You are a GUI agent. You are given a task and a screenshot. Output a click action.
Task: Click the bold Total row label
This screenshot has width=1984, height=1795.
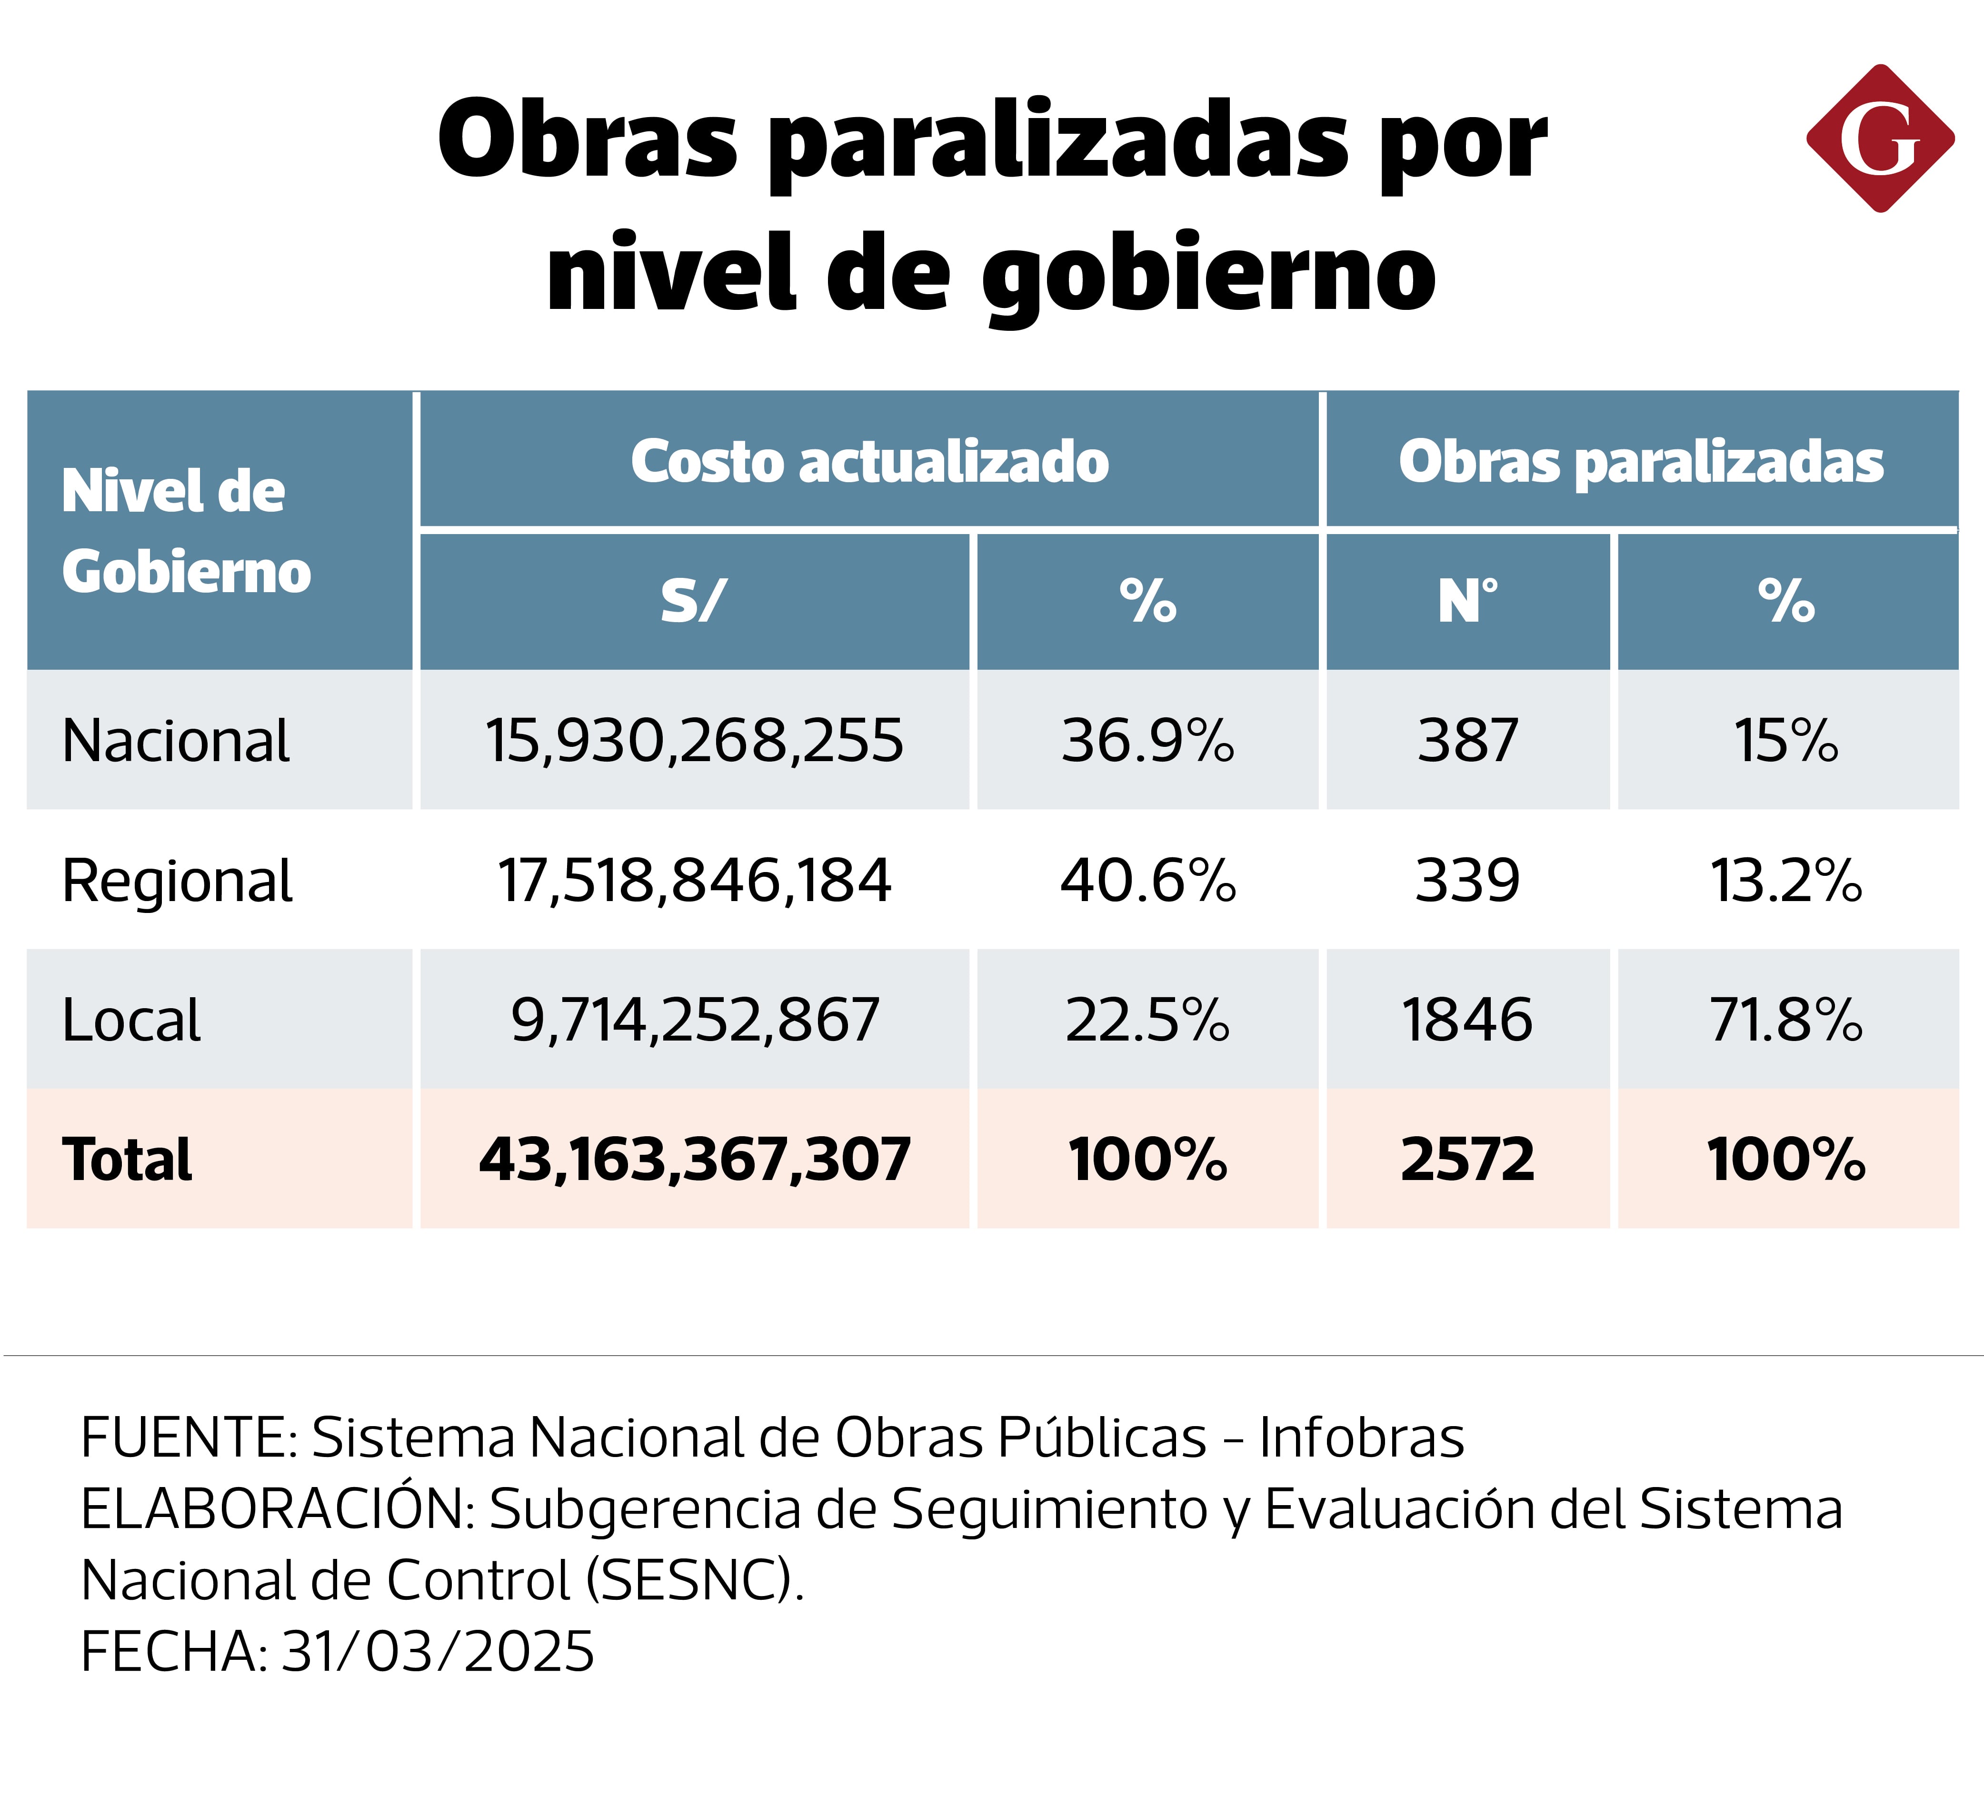[x=127, y=1159]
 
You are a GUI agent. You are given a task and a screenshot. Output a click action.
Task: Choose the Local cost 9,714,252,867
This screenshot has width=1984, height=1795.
[x=694, y=1020]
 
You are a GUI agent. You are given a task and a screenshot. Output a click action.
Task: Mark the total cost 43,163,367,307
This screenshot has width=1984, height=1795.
[x=694, y=1159]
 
